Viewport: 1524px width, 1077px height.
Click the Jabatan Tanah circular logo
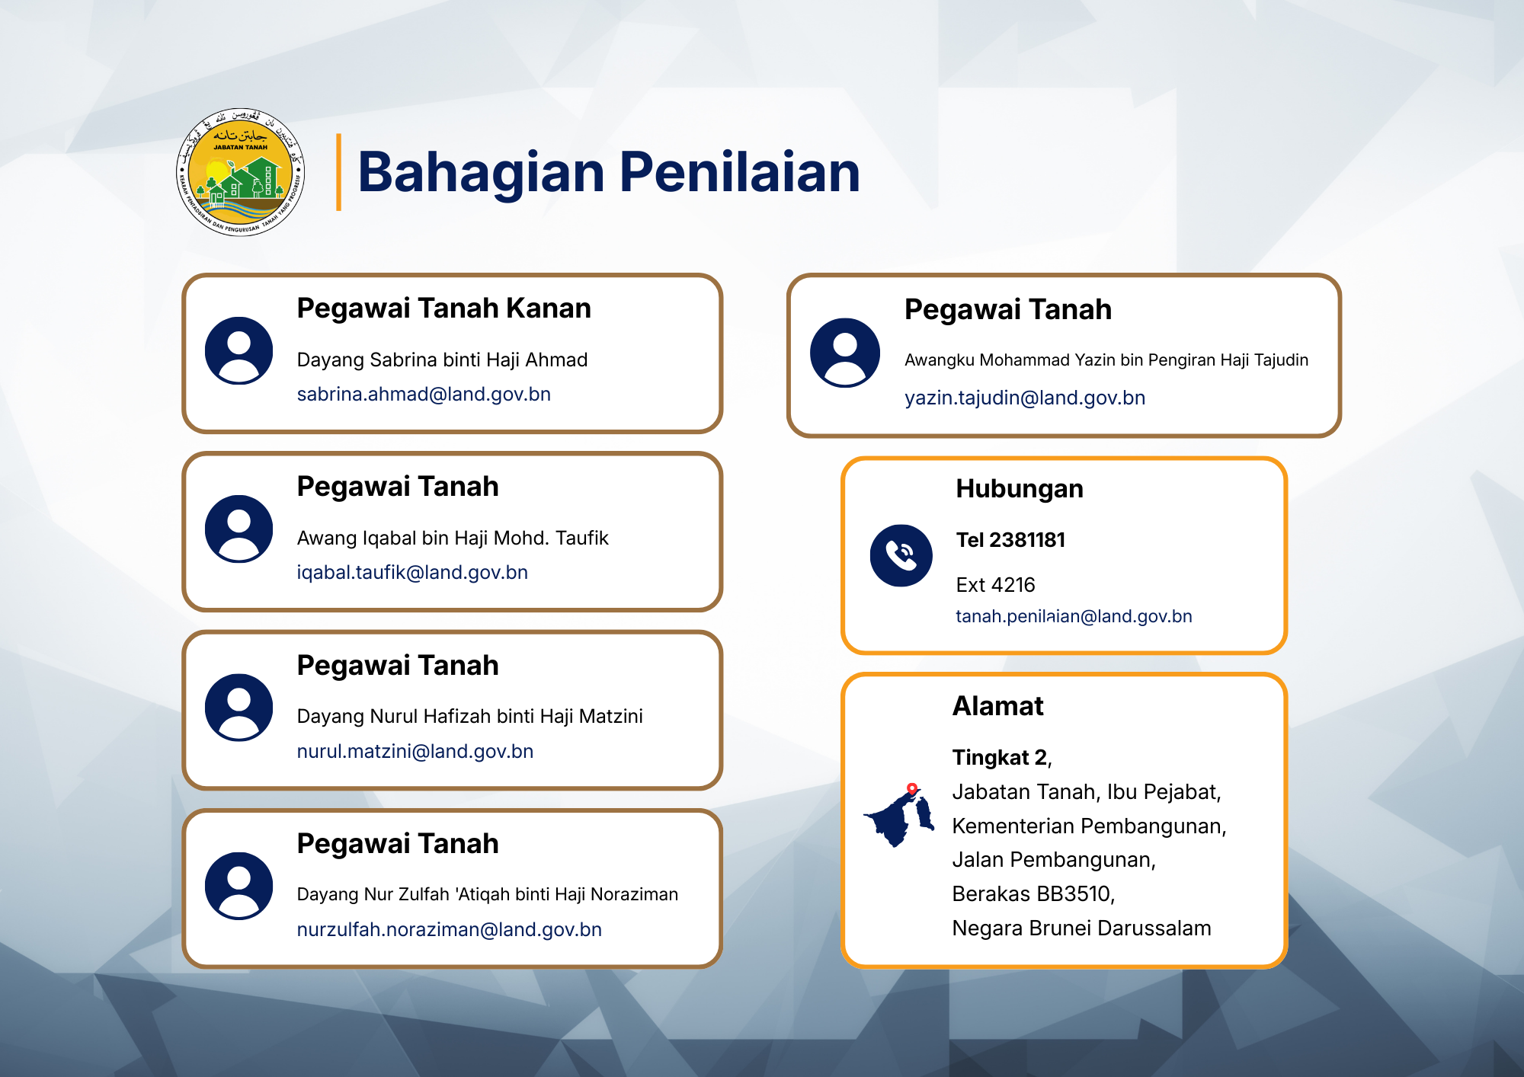point(240,172)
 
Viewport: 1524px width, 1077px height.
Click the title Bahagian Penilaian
point(609,173)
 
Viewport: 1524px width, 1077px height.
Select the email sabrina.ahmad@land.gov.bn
point(424,395)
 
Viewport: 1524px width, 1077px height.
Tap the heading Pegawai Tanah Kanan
point(443,308)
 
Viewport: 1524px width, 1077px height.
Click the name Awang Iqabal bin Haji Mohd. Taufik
point(453,538)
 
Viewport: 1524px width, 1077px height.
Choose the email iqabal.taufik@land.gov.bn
point(412,573)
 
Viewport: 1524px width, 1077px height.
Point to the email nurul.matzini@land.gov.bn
point(415,752)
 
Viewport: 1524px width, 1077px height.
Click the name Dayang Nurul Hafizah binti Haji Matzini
point(469,717)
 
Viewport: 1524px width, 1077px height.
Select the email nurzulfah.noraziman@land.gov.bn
point(450,930)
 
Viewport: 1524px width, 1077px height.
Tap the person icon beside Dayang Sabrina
point(239,350)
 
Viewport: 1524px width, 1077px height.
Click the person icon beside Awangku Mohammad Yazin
point(845,353)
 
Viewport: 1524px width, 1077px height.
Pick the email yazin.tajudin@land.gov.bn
point(1025,398)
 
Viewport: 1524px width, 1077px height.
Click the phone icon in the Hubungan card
point(901,555)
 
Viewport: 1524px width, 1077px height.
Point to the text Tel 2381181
point(1011,540)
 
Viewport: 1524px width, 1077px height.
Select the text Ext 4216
point(996,585)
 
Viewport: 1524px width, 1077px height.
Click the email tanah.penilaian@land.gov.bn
point(1074,616)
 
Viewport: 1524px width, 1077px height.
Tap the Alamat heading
point(998,706)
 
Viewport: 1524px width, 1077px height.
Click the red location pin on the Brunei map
point(912,789)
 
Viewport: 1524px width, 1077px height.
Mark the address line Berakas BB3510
point(1033,894)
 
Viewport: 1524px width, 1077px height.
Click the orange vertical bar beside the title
point(338,172)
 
